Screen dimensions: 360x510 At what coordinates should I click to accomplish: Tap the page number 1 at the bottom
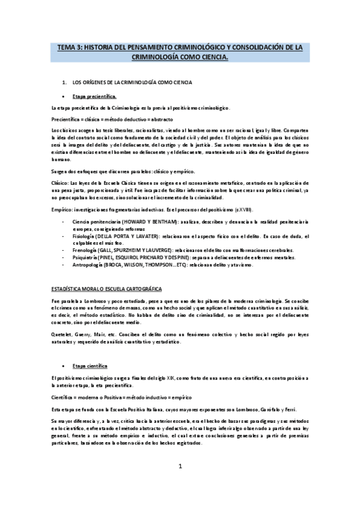(180, 466)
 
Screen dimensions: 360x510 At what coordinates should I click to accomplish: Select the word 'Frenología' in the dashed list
(85, 248)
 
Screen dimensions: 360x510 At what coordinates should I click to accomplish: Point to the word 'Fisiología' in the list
(85, 236)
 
